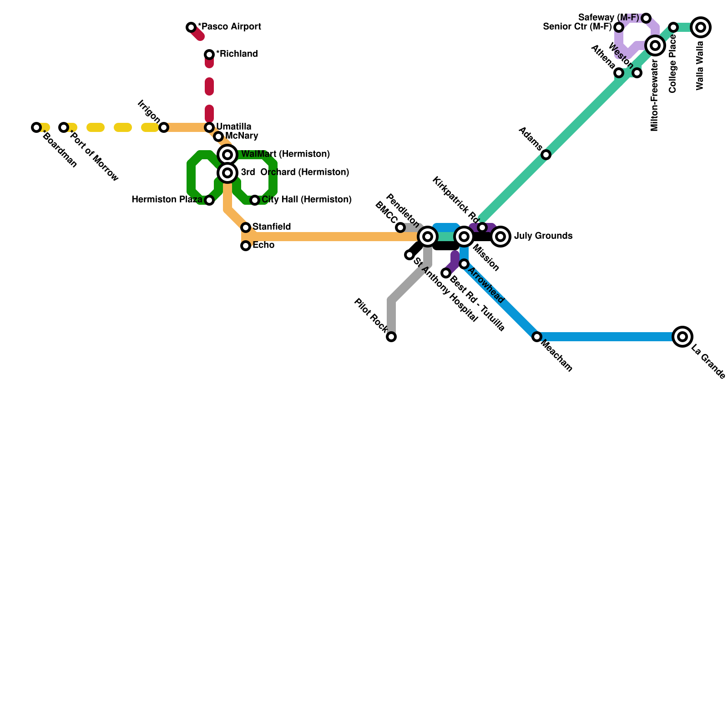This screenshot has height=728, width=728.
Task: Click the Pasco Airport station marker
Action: [191, 27]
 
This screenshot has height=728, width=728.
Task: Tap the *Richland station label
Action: [237, 54]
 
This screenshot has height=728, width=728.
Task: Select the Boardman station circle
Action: [36, 127]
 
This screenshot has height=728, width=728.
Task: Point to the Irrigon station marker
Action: [164, 127]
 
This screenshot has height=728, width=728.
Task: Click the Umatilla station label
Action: [233, 126]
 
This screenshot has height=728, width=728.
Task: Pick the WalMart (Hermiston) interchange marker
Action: [227, 155]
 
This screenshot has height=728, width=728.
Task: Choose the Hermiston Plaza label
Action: [167, 200]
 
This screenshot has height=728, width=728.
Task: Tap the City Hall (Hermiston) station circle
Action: [255, 200]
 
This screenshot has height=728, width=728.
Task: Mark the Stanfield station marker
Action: [246, 227]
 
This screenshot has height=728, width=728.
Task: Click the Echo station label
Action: [263, 245]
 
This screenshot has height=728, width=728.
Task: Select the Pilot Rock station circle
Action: [391, 337]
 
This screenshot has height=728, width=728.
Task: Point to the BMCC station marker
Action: [400, 227]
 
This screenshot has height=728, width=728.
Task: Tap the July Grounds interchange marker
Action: [500, 237]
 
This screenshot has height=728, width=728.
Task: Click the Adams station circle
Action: [546, 155]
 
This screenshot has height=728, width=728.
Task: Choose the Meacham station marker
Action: [537, 337]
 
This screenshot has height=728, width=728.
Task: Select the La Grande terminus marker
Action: [682, 337]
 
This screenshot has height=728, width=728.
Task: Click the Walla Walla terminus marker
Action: [701, 27]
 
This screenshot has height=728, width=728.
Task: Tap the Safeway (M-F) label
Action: [608, 18]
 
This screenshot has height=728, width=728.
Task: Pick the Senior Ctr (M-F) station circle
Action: [619, 27]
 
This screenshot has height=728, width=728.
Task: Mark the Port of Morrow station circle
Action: [64, 127]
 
